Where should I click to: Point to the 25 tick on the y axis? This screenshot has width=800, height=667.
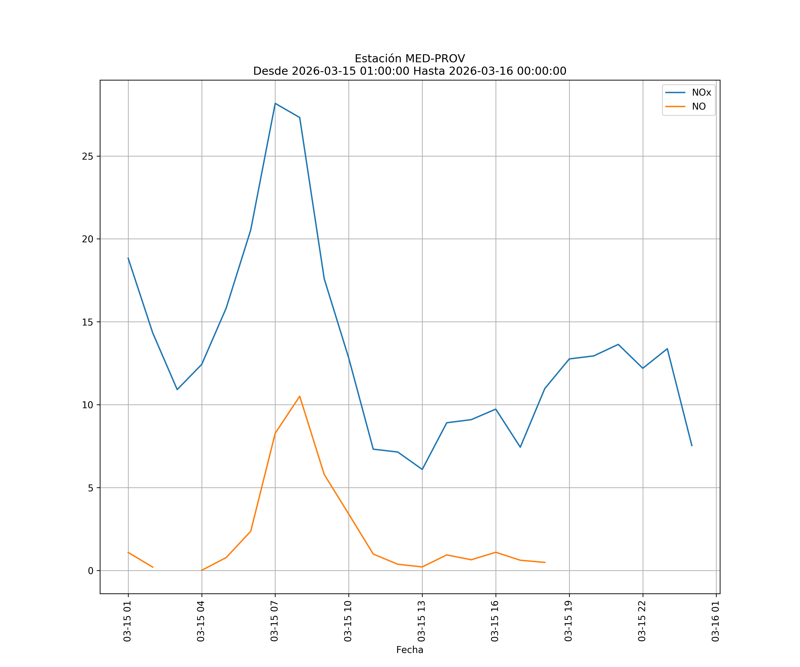pyautogui.click(x=88, y=156)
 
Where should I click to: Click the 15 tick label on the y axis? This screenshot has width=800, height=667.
pyautogui.click(x=88, y=322)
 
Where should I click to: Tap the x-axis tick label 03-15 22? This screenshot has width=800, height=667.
pyautogui.click(x=642, y=621)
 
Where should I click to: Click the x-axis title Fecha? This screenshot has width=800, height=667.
pyautogui.click(x=410, y=650)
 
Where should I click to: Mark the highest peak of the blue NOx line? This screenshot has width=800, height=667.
pyautogui.click(x=275, y=103)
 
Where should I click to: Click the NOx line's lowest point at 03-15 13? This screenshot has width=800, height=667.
pyautogui.click(x=422, y=469)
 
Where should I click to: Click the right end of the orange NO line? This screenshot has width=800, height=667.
pyautogui.click(x=545, y=562)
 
